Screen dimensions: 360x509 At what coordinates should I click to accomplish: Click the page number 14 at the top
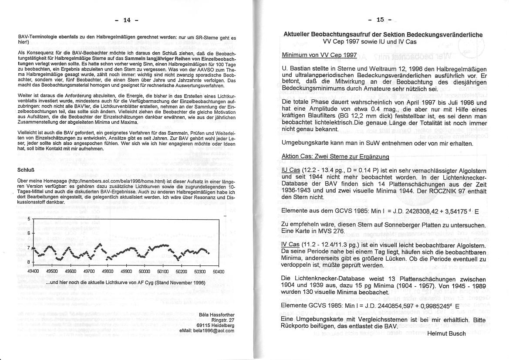pos(127,20)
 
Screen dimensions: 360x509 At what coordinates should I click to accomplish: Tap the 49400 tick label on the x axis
pos(33,272)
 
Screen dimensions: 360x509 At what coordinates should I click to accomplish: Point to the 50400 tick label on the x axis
pos(219,272)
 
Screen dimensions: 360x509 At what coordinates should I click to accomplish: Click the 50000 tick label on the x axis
pos(144,272)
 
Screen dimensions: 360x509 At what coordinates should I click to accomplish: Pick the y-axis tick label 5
pos(29,219)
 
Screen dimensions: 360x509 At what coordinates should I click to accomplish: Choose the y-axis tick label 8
pos(29,262)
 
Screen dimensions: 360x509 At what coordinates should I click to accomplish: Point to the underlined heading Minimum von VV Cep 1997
pos(319,55)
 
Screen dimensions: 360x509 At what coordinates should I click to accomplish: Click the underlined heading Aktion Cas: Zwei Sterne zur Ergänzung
pos(335,156)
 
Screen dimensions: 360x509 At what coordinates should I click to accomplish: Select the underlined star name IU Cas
pos(290,170)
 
